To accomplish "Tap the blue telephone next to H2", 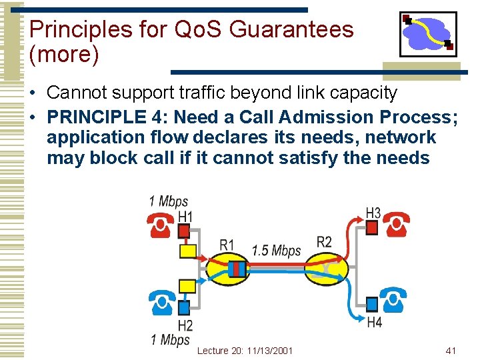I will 162,303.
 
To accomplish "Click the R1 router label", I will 227,245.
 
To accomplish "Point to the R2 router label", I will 324,241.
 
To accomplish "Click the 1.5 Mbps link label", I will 276,251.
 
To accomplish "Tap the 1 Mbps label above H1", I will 168,201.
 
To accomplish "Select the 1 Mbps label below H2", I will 171,340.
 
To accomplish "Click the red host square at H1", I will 184,231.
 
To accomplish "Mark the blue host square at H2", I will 184,307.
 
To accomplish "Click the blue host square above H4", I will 373,304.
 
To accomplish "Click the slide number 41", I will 451,350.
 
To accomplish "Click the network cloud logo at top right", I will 428,34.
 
